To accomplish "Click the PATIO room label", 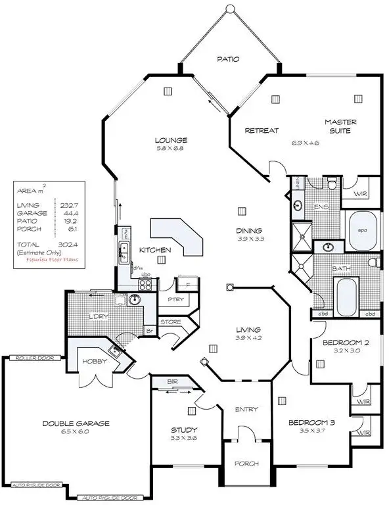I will (229, 59).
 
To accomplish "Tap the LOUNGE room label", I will (171, 140).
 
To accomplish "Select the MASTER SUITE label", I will (340, 126).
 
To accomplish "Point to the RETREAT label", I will (262, 131).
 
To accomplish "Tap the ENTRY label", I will (246, 409).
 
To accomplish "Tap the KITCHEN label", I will (155, 250).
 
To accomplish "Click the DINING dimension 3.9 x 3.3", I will (250, 239).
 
